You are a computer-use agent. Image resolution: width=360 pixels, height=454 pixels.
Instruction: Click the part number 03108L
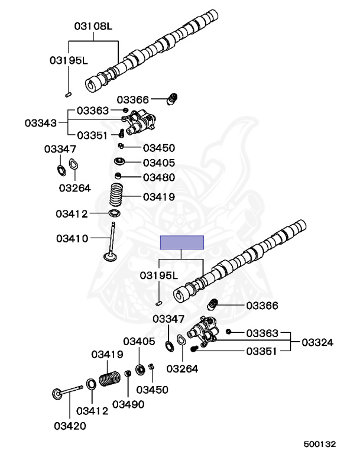[x=93, y=26]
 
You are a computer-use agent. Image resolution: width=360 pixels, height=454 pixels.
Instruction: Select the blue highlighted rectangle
[x=182, y=242]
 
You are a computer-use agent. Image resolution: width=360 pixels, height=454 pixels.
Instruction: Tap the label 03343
[x=41, y=123]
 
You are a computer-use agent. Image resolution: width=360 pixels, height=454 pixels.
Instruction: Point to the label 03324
[x=317, y=342]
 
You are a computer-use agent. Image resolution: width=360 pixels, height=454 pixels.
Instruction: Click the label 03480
[x=159, y=177]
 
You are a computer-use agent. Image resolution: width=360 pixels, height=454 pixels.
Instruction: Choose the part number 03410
[x=72, y=239]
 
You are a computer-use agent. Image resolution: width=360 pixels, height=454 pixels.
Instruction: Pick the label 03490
[x=128, y=404]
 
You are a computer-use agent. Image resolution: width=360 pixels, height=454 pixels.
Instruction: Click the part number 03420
[x=70, y=426]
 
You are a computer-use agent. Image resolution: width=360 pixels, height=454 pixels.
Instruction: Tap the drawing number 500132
[x=320, y=444]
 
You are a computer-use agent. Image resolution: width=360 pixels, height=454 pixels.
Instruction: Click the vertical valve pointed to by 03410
[x=112, y=243]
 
